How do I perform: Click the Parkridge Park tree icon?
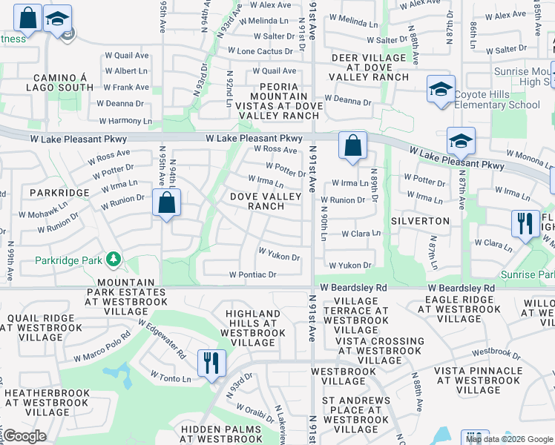(x=114, y=259)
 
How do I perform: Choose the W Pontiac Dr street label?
(x=252, y=274)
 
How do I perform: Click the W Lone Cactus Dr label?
(x=261, y=51)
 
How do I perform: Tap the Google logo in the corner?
(x=24, y=436)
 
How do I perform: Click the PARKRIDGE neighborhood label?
(x=59, y=192)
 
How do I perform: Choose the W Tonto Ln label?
(x=171, y=378)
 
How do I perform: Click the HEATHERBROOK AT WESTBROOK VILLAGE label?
(x=47, y=402)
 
